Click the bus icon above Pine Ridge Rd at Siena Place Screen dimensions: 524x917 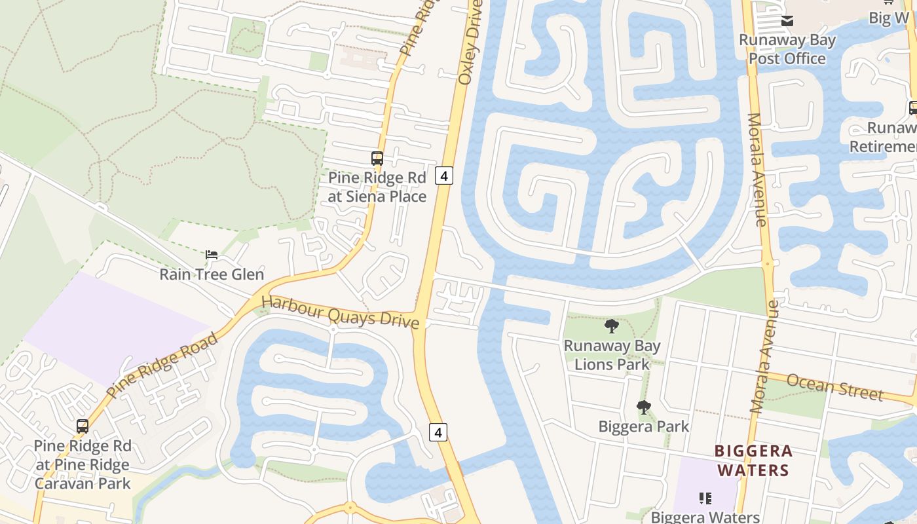(377, 158)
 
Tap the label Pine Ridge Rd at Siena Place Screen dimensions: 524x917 (377, 187)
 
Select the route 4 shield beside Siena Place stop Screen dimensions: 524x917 (444, 176)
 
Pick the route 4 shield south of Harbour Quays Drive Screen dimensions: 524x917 (438, 432)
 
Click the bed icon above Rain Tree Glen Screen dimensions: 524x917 (211, 255)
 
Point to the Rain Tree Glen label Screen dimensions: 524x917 (212, 274)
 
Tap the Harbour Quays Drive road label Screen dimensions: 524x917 (340, 312)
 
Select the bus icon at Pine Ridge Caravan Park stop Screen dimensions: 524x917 (83, 426)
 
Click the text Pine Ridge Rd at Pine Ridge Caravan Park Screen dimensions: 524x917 (83, 464)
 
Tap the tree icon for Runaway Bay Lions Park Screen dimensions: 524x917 (611, 326)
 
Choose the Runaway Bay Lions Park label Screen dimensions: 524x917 (612, 354)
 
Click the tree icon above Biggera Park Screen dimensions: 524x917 (644, 407)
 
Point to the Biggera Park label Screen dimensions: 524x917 (644, 426)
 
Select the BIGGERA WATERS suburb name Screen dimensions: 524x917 (753, 460)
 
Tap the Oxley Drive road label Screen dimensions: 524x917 (470, 43)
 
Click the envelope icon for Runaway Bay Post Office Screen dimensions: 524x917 (787, 22)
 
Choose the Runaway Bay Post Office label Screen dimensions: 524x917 (787, 49)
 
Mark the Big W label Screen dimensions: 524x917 (889, 18)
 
